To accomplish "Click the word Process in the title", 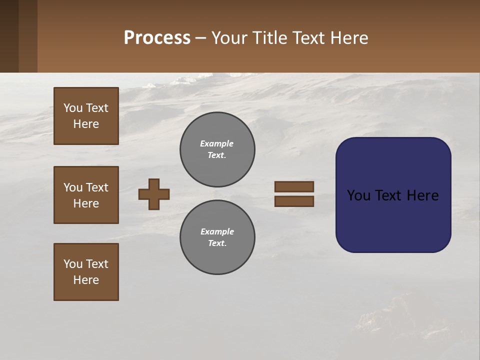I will pos(157,38).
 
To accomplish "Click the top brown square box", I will pos(86,116).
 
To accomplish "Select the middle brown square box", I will pos(86,195).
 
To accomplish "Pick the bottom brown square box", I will pos(86,272).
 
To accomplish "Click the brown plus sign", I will pos(154,194).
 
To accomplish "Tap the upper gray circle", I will pos(217,149).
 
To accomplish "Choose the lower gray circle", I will pos(217,237).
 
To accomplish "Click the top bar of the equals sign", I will pos(294,186).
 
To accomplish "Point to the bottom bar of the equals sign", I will pos(294,201).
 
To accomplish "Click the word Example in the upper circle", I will pos(216,143).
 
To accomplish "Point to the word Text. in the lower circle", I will pos(217,243).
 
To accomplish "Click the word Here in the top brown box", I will pos(86,124).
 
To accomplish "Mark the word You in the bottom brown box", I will pos(73,264).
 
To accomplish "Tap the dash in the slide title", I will pos(200,38).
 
